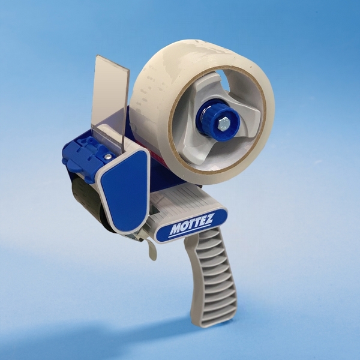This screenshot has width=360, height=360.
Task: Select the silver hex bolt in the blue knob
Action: pyautogui.click(x=222, y=123)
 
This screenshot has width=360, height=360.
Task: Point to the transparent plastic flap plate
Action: pyautogui.click(x=110, y=97)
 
